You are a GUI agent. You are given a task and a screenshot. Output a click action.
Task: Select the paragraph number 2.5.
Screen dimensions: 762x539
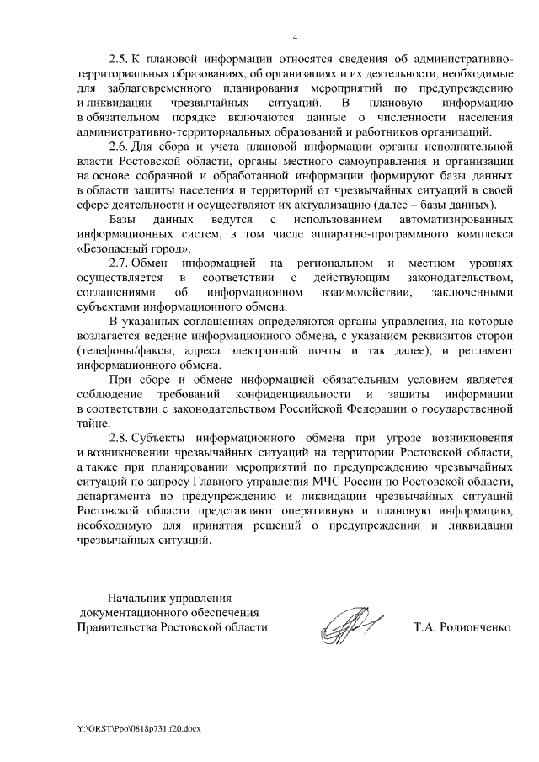click(120, 62)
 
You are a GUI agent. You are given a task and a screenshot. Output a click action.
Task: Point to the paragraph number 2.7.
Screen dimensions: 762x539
click(120, 264)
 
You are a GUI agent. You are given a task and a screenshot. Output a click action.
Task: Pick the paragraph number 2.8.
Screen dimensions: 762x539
click(120, 440)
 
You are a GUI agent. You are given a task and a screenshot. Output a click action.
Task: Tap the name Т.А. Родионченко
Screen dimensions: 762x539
click(462, 627)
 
